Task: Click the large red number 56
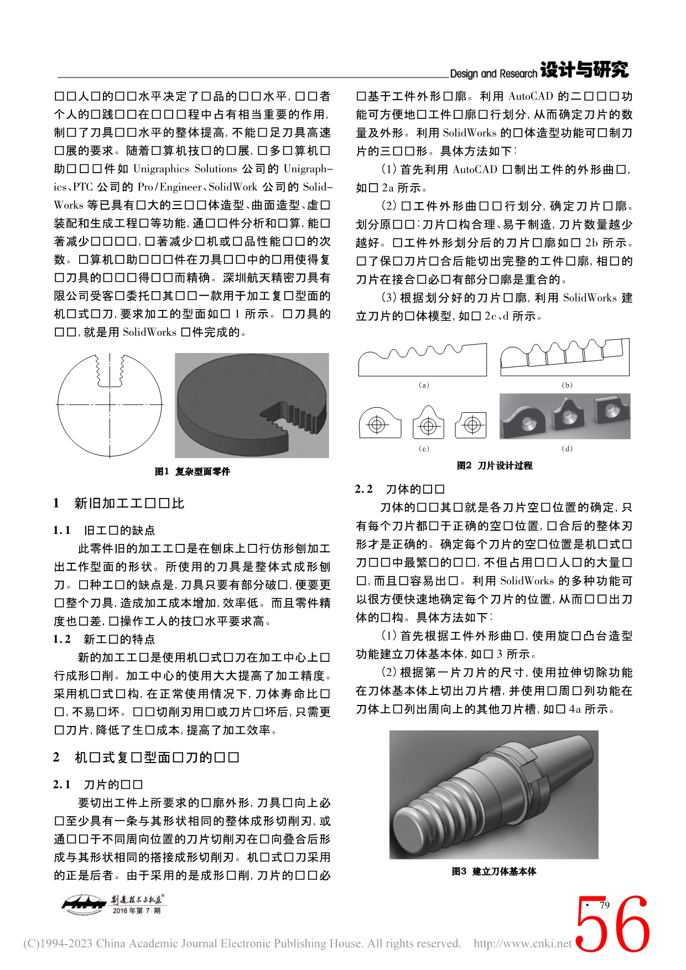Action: click(x=612, y=925)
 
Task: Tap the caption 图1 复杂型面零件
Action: click(x=192, y=471)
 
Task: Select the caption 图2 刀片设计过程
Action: click(x=494, y=465)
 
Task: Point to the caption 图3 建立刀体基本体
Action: click(x=493, y=872)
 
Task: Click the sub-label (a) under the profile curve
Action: click(x=424, y=385)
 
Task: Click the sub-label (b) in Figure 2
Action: click(x=567, y=385)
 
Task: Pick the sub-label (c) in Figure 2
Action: click(x=424, y=448)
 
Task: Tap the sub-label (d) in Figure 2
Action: click(x=567, y=448)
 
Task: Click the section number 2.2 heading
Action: click(x=364, y=489)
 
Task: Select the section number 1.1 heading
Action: click(x=62, y=530)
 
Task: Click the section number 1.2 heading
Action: click(x=62, y=639)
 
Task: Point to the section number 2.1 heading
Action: click(x=62, y=784)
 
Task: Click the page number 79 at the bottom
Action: click(x=604, y=905)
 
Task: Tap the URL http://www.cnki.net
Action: click(x=522, y=943)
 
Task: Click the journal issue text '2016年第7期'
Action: click(x=136, y=910)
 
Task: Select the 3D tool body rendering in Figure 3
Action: click(x=493, y=795)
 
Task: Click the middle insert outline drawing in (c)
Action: click(x=428, y=424)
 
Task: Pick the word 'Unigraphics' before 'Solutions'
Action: click(x=161, y=169)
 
